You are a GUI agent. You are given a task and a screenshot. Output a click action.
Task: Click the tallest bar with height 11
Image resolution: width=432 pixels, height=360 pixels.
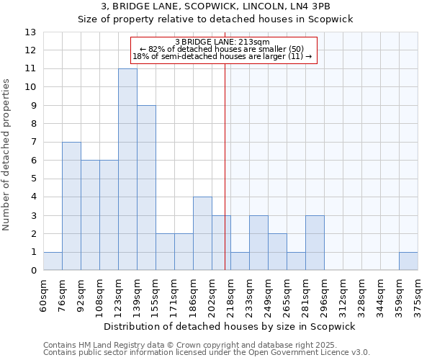(x=127, y=169)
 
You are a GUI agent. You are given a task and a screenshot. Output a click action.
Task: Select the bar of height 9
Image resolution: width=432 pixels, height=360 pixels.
(x=146, y=188)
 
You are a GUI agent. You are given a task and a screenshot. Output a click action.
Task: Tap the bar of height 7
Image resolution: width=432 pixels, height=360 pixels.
(x=71, y=206)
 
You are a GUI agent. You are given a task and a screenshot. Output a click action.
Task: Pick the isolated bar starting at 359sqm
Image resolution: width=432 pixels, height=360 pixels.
(x=408, y=261)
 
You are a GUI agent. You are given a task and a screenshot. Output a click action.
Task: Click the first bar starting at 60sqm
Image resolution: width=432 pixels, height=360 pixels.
(x=53, y=261)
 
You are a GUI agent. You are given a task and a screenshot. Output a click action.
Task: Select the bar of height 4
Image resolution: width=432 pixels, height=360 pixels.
(x=202, y=233)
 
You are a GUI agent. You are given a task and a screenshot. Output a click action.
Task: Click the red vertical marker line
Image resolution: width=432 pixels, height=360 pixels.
(x=225, y=166)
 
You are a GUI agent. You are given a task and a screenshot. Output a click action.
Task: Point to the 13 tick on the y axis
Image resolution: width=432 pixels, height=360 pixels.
(x=31, y=32)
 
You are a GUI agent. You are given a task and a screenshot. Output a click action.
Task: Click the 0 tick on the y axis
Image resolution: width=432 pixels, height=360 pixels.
(x=33, y=271)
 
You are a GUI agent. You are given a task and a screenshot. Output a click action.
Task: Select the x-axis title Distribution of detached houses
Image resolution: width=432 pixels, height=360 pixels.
(x=230, y=326)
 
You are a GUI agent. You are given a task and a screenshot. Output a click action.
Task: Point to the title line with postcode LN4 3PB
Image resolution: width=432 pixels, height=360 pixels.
(x=216, y=6)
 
